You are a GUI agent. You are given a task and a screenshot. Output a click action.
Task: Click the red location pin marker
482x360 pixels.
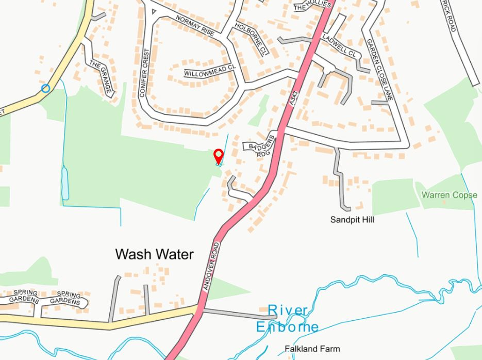(219, 155)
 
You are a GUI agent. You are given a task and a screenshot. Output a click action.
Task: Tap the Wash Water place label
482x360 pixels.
(154, 254)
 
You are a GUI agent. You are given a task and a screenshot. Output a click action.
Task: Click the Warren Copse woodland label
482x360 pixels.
(449, 195)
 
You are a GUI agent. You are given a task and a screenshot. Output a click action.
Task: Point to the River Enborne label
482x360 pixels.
(288, 319)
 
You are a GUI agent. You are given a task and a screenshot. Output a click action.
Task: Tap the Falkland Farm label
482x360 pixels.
(312, 349)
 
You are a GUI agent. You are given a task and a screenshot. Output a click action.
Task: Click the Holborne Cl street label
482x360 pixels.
(252, 39)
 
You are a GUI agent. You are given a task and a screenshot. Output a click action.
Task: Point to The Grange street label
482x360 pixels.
(101, 78)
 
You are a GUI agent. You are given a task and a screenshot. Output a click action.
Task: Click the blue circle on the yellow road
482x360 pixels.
(45, 88)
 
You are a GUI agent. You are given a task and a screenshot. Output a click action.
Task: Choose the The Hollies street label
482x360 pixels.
(311, 6)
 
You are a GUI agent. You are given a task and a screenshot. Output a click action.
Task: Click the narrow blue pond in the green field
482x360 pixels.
(65, 183)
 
